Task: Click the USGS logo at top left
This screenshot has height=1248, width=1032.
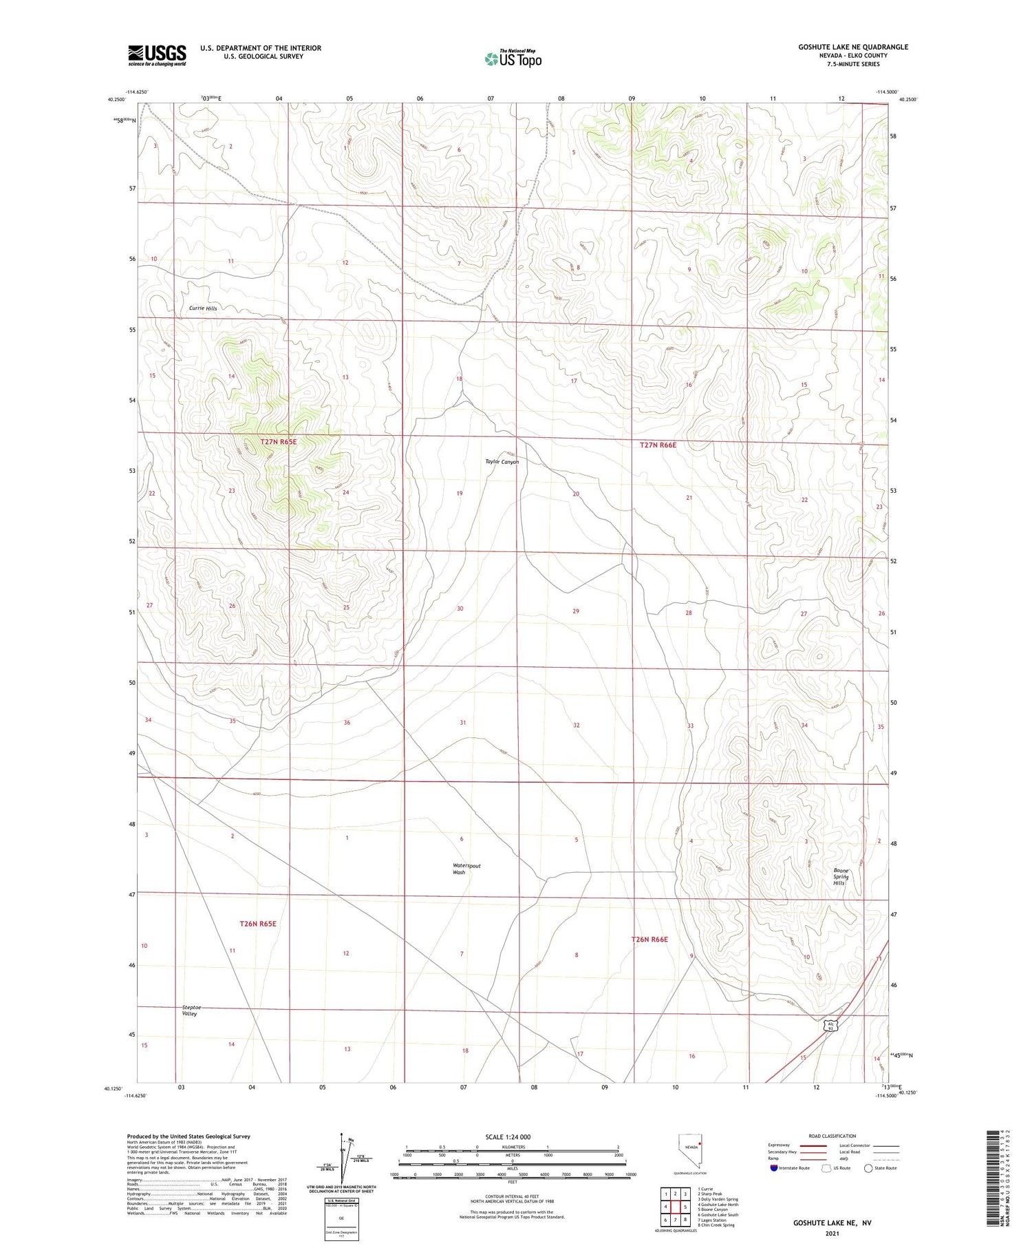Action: (157, 55)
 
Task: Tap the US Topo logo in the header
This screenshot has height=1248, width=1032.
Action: (513, 59)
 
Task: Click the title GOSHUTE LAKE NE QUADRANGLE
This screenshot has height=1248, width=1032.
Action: (852, 47)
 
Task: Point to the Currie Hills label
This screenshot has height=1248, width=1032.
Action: (203, 308)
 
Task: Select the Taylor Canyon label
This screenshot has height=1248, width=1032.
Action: (502, 462)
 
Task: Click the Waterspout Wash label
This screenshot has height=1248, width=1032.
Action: (466, 869)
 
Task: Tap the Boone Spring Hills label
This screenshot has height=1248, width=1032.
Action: (840, 877)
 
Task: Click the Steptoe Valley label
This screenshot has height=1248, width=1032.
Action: (190, 1011)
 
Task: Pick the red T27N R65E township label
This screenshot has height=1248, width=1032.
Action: (278, 441)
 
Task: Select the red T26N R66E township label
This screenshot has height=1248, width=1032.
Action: (649, 939)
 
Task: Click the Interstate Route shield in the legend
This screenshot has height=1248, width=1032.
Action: (774, 1167)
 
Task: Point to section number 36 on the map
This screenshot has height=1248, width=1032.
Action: (347, 723)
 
